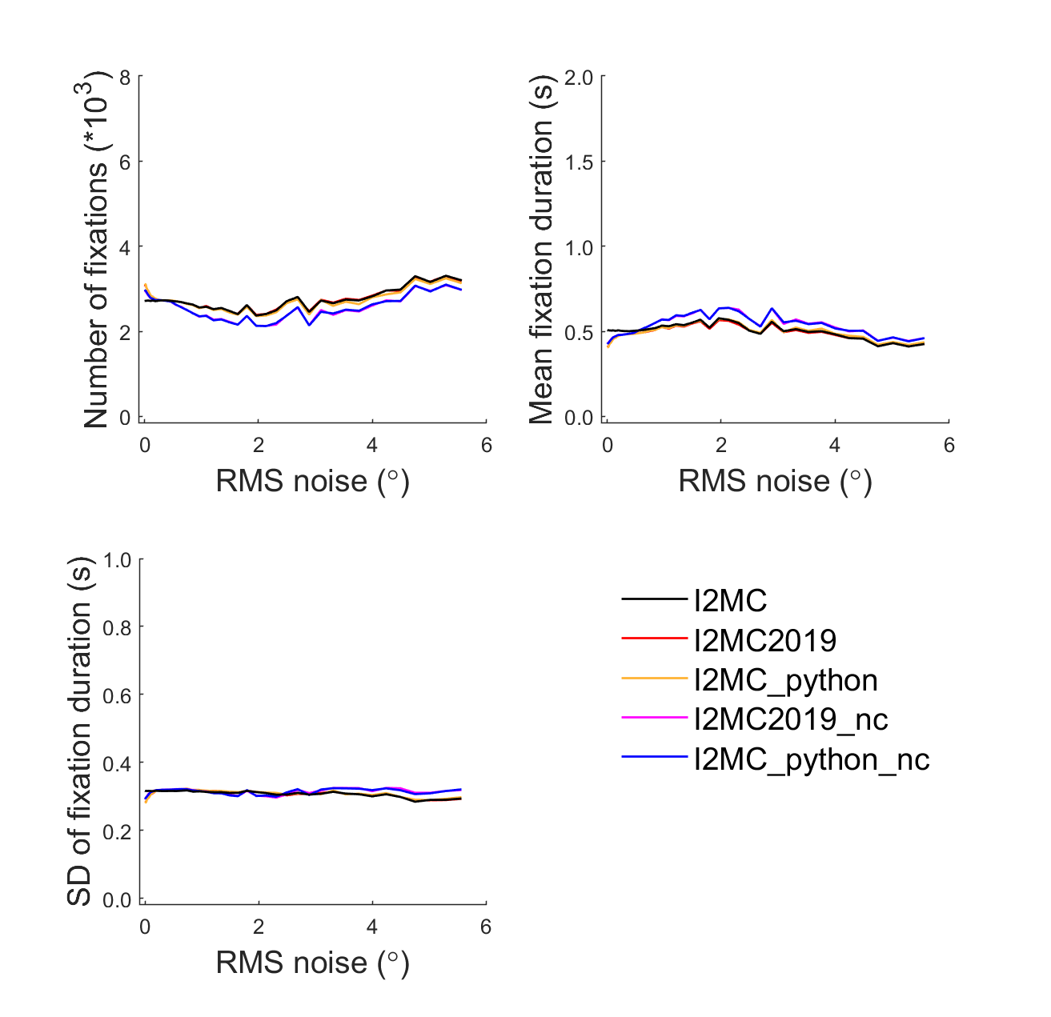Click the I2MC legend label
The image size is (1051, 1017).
pos(730,600)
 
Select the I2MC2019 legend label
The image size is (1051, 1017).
pos(765,640)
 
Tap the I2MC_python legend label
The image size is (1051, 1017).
pos(786,680)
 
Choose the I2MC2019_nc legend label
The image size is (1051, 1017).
pos(791,719)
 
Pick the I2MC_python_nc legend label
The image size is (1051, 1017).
pos(812,759)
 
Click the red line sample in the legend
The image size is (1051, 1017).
pos(655,639)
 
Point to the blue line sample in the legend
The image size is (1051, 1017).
pos(655,757)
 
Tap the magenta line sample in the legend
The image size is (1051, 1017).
pos(655,718)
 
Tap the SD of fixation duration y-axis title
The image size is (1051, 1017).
pos(79,730)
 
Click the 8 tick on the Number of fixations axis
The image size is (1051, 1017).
pos(124,77)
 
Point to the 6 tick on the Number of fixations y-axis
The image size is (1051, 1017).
pos(124,162)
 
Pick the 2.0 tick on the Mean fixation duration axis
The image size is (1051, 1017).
pos(579,77)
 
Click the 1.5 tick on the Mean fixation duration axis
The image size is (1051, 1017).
pos(579,162)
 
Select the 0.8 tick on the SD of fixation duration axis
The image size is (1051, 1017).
pos(117,627)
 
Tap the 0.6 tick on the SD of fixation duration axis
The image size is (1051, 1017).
pos(117,695)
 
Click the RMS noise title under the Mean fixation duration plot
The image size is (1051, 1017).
pos(775,481)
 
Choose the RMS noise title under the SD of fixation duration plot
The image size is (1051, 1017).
pos(312,963)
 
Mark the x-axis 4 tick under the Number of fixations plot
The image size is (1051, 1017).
pos(372,446)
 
